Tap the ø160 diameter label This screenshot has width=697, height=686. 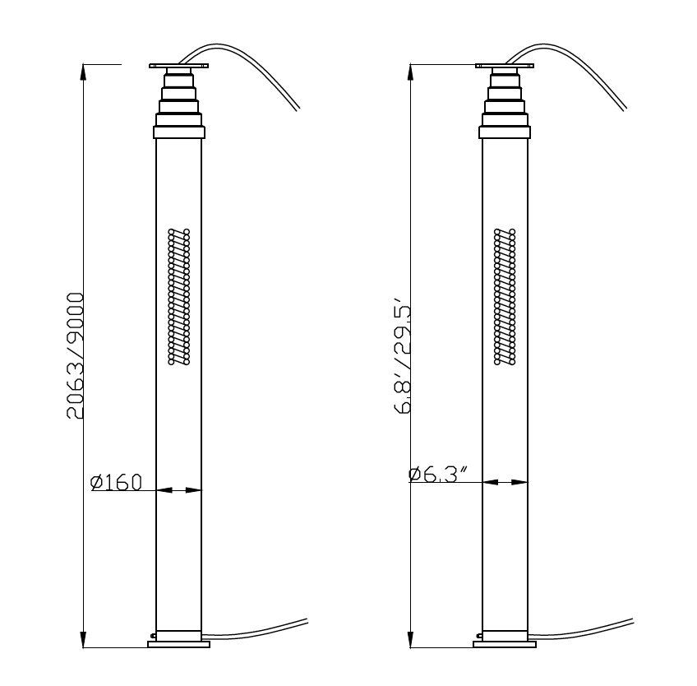point(117,482)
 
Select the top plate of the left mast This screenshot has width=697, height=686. point(179,67)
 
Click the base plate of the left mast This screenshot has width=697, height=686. point(178,644)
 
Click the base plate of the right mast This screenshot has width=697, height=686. point(505,644)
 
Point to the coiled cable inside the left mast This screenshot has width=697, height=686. point(179,296)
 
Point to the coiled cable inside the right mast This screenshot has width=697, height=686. point(505,296)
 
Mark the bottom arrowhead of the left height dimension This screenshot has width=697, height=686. point(83,640)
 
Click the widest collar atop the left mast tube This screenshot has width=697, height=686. point(178,132)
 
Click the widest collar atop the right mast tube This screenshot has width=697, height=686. point(505,132)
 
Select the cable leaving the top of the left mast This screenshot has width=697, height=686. point(263,74)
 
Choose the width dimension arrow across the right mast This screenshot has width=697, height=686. point(505,482)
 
